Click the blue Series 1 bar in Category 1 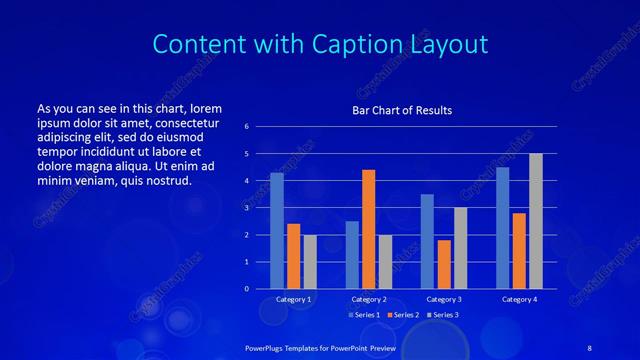point(277,231)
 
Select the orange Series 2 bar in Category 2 point(368,229)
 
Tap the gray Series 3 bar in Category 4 point(536,221)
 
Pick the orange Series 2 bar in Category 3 point(444,264)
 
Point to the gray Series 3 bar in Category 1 point(310,262)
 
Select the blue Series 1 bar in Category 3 point(427,241)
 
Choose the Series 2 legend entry point(403,315)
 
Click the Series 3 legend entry point(443,315)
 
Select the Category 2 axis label point(368,299)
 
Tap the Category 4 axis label point(518,299)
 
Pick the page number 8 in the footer point(588,346)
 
